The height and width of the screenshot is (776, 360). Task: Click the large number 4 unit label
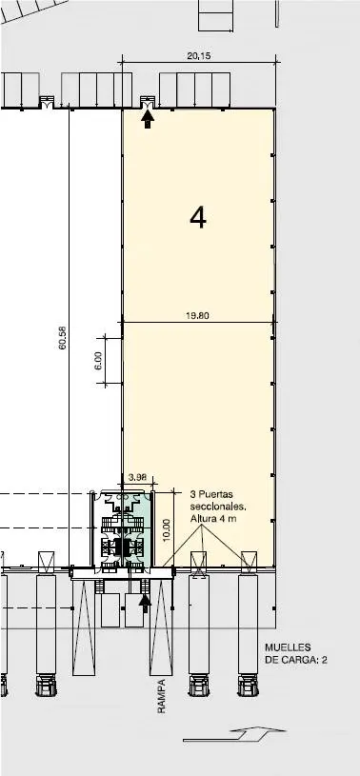click(198, 218)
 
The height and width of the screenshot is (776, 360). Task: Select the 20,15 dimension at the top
click(198, 56)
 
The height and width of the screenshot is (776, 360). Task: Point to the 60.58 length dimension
click(63, 338)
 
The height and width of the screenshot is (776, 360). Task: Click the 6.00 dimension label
click(97, 360)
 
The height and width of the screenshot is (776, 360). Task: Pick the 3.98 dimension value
click(137, 477)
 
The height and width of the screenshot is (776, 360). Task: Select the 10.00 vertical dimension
click(167, 529)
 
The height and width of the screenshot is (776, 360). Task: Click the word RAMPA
click(161, 696)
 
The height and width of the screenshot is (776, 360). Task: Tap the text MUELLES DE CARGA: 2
click(295, 653)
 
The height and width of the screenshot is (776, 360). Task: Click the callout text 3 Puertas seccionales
click(218, 500)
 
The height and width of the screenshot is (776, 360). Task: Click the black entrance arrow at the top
click(148, 119)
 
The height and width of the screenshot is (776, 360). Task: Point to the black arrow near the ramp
click(145, 604)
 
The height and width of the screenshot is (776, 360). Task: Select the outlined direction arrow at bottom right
click(228, 733)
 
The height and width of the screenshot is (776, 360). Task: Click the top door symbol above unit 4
click(148, 102)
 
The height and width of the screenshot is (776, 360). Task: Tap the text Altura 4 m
click(210, 518)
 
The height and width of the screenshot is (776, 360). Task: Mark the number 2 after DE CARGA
click(324, 659)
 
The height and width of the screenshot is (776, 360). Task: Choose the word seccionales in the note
click(218, 507)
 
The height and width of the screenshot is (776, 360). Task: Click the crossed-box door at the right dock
click(249, 559)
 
